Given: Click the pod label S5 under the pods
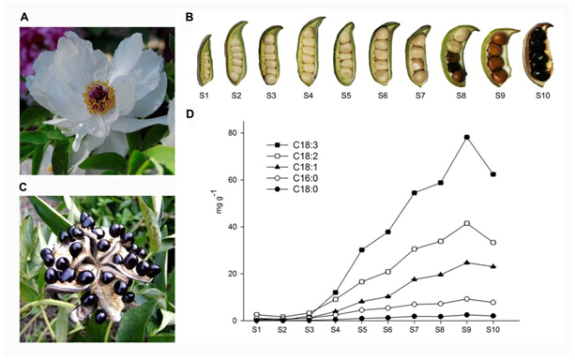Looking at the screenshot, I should (344, 96).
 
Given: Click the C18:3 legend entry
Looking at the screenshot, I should (294, 145).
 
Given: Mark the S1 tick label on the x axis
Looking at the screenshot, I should (256, 330).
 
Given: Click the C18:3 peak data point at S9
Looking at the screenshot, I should (466, 137).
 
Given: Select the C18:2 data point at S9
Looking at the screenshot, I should (466, 223).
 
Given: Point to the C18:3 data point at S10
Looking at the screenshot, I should (492, 174).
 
